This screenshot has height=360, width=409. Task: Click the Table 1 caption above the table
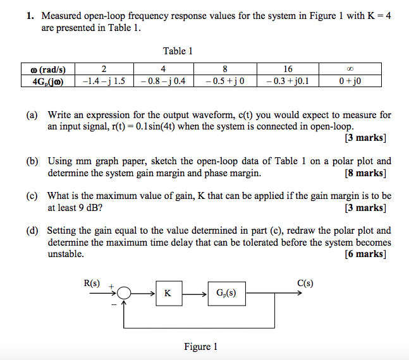pos(178,51)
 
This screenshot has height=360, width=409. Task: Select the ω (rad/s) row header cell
pos(48,69)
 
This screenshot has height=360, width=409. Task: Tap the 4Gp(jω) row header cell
pos(48,81)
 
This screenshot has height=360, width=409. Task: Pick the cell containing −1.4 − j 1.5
pos(104,81)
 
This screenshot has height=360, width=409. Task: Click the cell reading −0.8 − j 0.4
pos(164,81)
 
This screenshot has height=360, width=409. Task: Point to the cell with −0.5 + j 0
pos(225,81)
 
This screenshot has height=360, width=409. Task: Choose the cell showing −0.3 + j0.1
pos(288,81)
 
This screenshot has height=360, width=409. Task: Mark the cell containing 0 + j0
pos(350,81)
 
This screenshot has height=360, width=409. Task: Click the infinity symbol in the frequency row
pos(350,69)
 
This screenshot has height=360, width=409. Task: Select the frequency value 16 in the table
pos(288,69)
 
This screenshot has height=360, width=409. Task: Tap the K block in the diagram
pos(169,293)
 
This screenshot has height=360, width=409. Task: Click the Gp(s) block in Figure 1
pos(227,294)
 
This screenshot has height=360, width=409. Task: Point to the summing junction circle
pos(124,293)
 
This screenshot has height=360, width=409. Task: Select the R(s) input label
pos(92,283)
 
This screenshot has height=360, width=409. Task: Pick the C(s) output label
pos(305,283)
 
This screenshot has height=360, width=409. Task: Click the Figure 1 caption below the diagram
pos(200,347)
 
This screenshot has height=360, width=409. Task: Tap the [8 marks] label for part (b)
pos(365,173)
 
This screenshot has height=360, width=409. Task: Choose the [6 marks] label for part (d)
pos(365,254)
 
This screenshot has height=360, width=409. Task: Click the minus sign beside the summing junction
pos(114,304)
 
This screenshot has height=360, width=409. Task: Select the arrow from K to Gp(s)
pos(195,294)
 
